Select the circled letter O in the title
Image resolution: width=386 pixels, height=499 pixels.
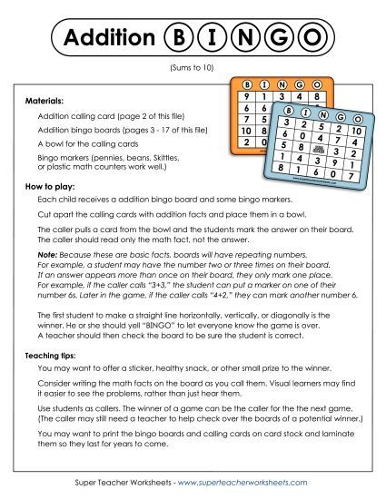[x=312, y=37]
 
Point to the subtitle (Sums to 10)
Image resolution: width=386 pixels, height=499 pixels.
[x=193, y=68]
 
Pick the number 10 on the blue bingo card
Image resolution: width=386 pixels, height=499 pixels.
[x=356, y=132]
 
